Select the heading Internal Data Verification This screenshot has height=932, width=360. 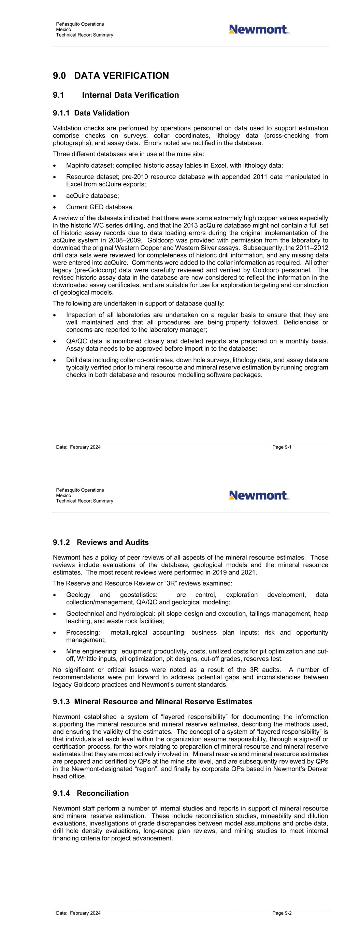point(130,95)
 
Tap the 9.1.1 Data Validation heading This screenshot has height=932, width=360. point(91,113)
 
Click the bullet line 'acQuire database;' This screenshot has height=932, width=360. point(92,196)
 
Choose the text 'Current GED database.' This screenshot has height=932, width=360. point(100,207)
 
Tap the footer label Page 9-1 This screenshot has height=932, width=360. point(282,447)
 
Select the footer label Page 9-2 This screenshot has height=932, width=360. point(282,913)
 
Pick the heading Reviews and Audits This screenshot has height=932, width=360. point(113,542)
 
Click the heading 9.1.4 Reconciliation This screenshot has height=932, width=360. point(91,793)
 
